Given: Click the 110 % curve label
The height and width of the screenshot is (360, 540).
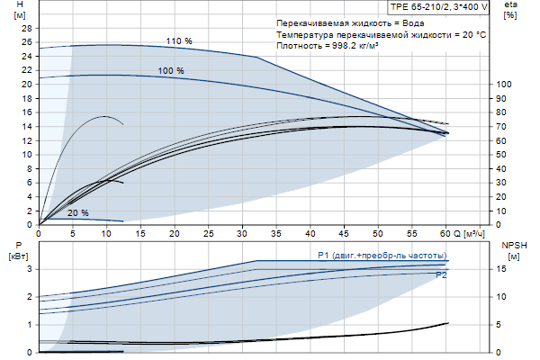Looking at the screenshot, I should tap(179, 41).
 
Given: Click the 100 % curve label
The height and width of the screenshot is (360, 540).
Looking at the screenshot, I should tap(170, 70).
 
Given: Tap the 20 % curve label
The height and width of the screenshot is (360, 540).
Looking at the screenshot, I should tap(78, 213).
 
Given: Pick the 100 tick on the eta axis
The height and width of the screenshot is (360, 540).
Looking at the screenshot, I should tap(505, 85).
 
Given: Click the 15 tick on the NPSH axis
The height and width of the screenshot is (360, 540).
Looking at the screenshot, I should tap(504, 269).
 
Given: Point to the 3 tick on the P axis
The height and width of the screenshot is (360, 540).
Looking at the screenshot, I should tap(30, 269).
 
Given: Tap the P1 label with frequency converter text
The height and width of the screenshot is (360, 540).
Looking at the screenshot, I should tap(382, 256).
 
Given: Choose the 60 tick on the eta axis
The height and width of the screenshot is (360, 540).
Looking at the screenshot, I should tap(502, 141).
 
